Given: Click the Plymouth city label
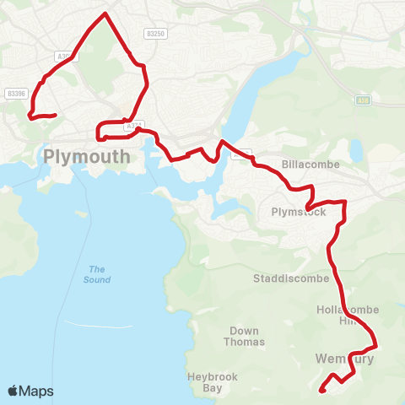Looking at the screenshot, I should (87, 156).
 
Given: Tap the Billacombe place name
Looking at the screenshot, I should (311, 165).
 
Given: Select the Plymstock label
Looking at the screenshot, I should (298, 212).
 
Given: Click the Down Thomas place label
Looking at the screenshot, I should (245, 337).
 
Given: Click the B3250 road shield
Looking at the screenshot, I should (154, 33).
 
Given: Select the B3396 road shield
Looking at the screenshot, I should (15, 94).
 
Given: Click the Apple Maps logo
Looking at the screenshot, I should (30, 391).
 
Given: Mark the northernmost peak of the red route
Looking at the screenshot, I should (105, 13).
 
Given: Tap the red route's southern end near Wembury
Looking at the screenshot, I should (321, 390).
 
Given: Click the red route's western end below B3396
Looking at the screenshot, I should (55, 115).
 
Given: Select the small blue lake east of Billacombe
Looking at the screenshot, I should (356, 150).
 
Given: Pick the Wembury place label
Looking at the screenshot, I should (343, 359).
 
